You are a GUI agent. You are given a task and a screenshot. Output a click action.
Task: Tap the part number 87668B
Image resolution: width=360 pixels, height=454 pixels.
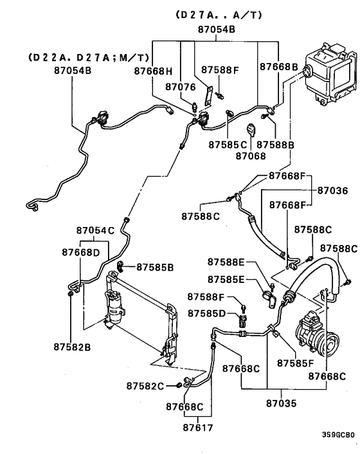tap(279, 67)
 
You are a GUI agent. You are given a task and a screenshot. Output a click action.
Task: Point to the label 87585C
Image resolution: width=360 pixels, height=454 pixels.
tap(223, 145)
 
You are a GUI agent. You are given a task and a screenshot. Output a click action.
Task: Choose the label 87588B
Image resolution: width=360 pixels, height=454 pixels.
tap(278, 145)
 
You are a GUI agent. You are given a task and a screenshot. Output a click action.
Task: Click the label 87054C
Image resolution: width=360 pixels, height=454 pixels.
tap(95, 230)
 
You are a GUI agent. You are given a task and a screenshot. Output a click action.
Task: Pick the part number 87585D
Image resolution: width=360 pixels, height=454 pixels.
tap(207, 313)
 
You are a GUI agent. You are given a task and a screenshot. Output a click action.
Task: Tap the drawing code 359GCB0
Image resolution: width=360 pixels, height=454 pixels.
tap(337, 434)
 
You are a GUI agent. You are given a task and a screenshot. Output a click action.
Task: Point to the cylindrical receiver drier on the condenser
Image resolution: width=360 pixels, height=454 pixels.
tap(114, 307)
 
